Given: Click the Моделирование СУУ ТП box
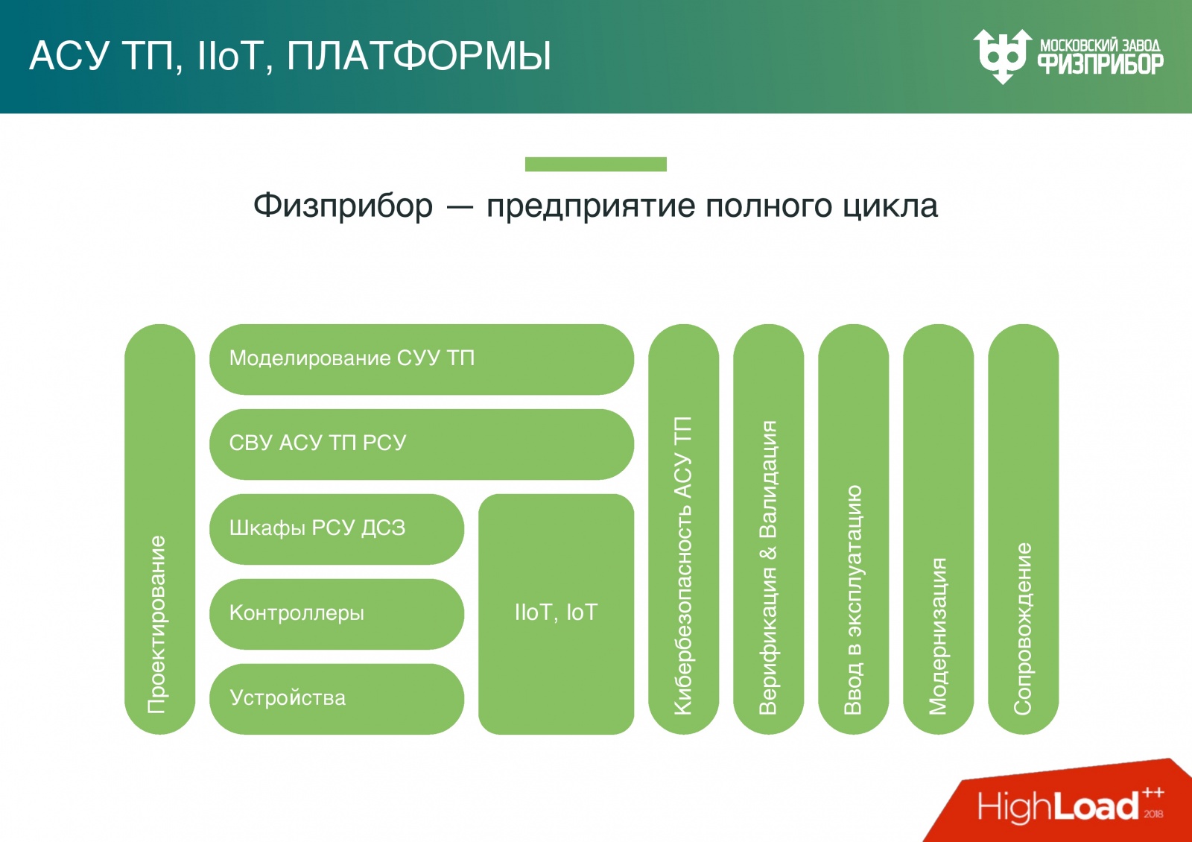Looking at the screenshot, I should [x=421, y=359].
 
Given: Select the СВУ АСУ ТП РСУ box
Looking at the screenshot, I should [x=421, y=444].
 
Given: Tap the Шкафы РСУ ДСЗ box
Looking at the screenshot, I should [x=337, y=529].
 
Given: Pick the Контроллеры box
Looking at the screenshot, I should [x=337, y=614].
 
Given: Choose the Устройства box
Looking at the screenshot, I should [x=337, y=699].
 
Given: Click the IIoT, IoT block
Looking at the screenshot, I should [x=556, y=613].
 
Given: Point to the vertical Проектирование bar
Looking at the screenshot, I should [x=159, y=529].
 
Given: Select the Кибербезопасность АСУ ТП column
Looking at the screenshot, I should [x=683, y=529].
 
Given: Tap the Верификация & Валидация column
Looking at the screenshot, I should [x=768, y=529].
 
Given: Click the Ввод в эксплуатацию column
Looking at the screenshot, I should [x=853, y=529].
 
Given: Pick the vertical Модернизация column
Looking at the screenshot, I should [x=938, y=529].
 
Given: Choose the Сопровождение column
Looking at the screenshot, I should [x=1023, y=529].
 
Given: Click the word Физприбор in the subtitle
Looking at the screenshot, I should [x=343, y=206].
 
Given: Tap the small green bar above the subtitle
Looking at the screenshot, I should [x=595, y=164].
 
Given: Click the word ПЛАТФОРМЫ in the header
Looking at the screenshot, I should [x=419, y=56].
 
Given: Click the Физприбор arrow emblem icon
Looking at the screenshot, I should [x=1002, y=56].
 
